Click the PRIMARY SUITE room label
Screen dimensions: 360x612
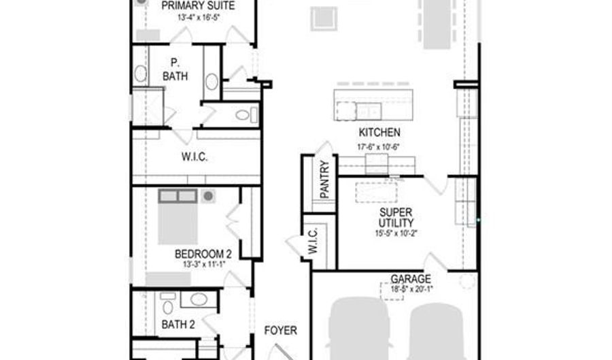tap(198, 5)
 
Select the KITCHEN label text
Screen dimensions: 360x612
tap(379, 133)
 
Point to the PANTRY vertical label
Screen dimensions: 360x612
tap(324, 179)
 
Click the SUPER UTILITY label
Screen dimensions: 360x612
tap(396, 217)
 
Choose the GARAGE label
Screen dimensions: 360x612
tap(410, 279)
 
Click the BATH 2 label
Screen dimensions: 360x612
tap(178, 325)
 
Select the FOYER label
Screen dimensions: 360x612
tap(280, 331)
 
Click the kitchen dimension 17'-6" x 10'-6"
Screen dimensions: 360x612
tap(378, 146)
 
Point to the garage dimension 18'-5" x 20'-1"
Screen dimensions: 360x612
tap(412, 289)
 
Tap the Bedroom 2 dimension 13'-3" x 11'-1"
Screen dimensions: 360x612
tap(203, 264)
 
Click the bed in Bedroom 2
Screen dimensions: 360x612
tap(177, 218)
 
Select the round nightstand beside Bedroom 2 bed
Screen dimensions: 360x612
tap(208, 196)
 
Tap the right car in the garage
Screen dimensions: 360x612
tap(439, 333)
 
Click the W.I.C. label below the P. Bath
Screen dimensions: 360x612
tap(194, 157)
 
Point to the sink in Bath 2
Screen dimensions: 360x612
tap(199, 299)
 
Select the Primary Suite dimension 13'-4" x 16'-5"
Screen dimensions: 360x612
tap(198, 16)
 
